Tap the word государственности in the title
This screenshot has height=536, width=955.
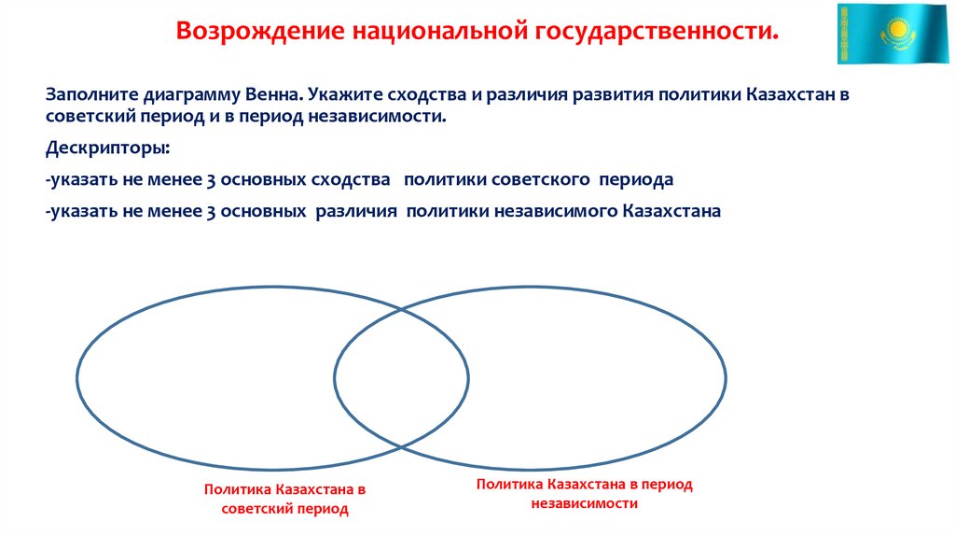pos(658,32)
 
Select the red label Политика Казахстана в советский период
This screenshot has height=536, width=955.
pos(284,500)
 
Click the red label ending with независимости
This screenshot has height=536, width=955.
pos(585,493)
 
